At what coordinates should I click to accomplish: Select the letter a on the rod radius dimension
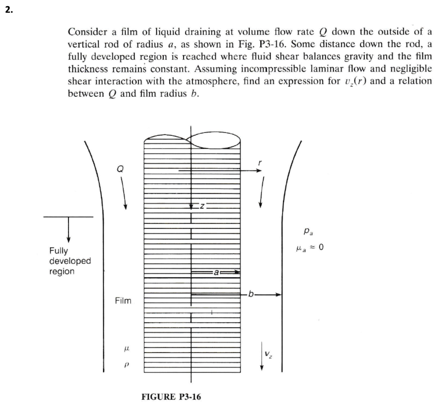(x=215, y=272)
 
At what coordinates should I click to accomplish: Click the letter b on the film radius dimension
(x=250, y=294)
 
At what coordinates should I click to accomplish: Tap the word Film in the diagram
(x=123, y=301)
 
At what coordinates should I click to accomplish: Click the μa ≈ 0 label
(x=310, y=248)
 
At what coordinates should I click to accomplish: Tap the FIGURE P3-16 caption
(x=171, y=396)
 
